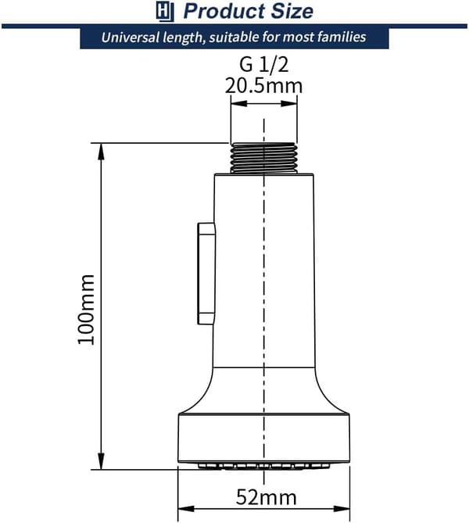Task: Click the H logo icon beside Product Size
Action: pyautogui.click(x=165, y=12)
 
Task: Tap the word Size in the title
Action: pyautogui.click(x=292, y=11)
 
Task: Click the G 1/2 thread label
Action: pyautogui.click(x=263, y=64)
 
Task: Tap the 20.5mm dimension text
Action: pyautogui.click(x=263, y=86)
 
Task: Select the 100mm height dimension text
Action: pyautogui.click(x=86, y=310)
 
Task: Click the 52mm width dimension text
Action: pyautogui.click(x=267, y=497)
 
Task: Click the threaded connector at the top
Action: pyautogui.click(x=263, y=158)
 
